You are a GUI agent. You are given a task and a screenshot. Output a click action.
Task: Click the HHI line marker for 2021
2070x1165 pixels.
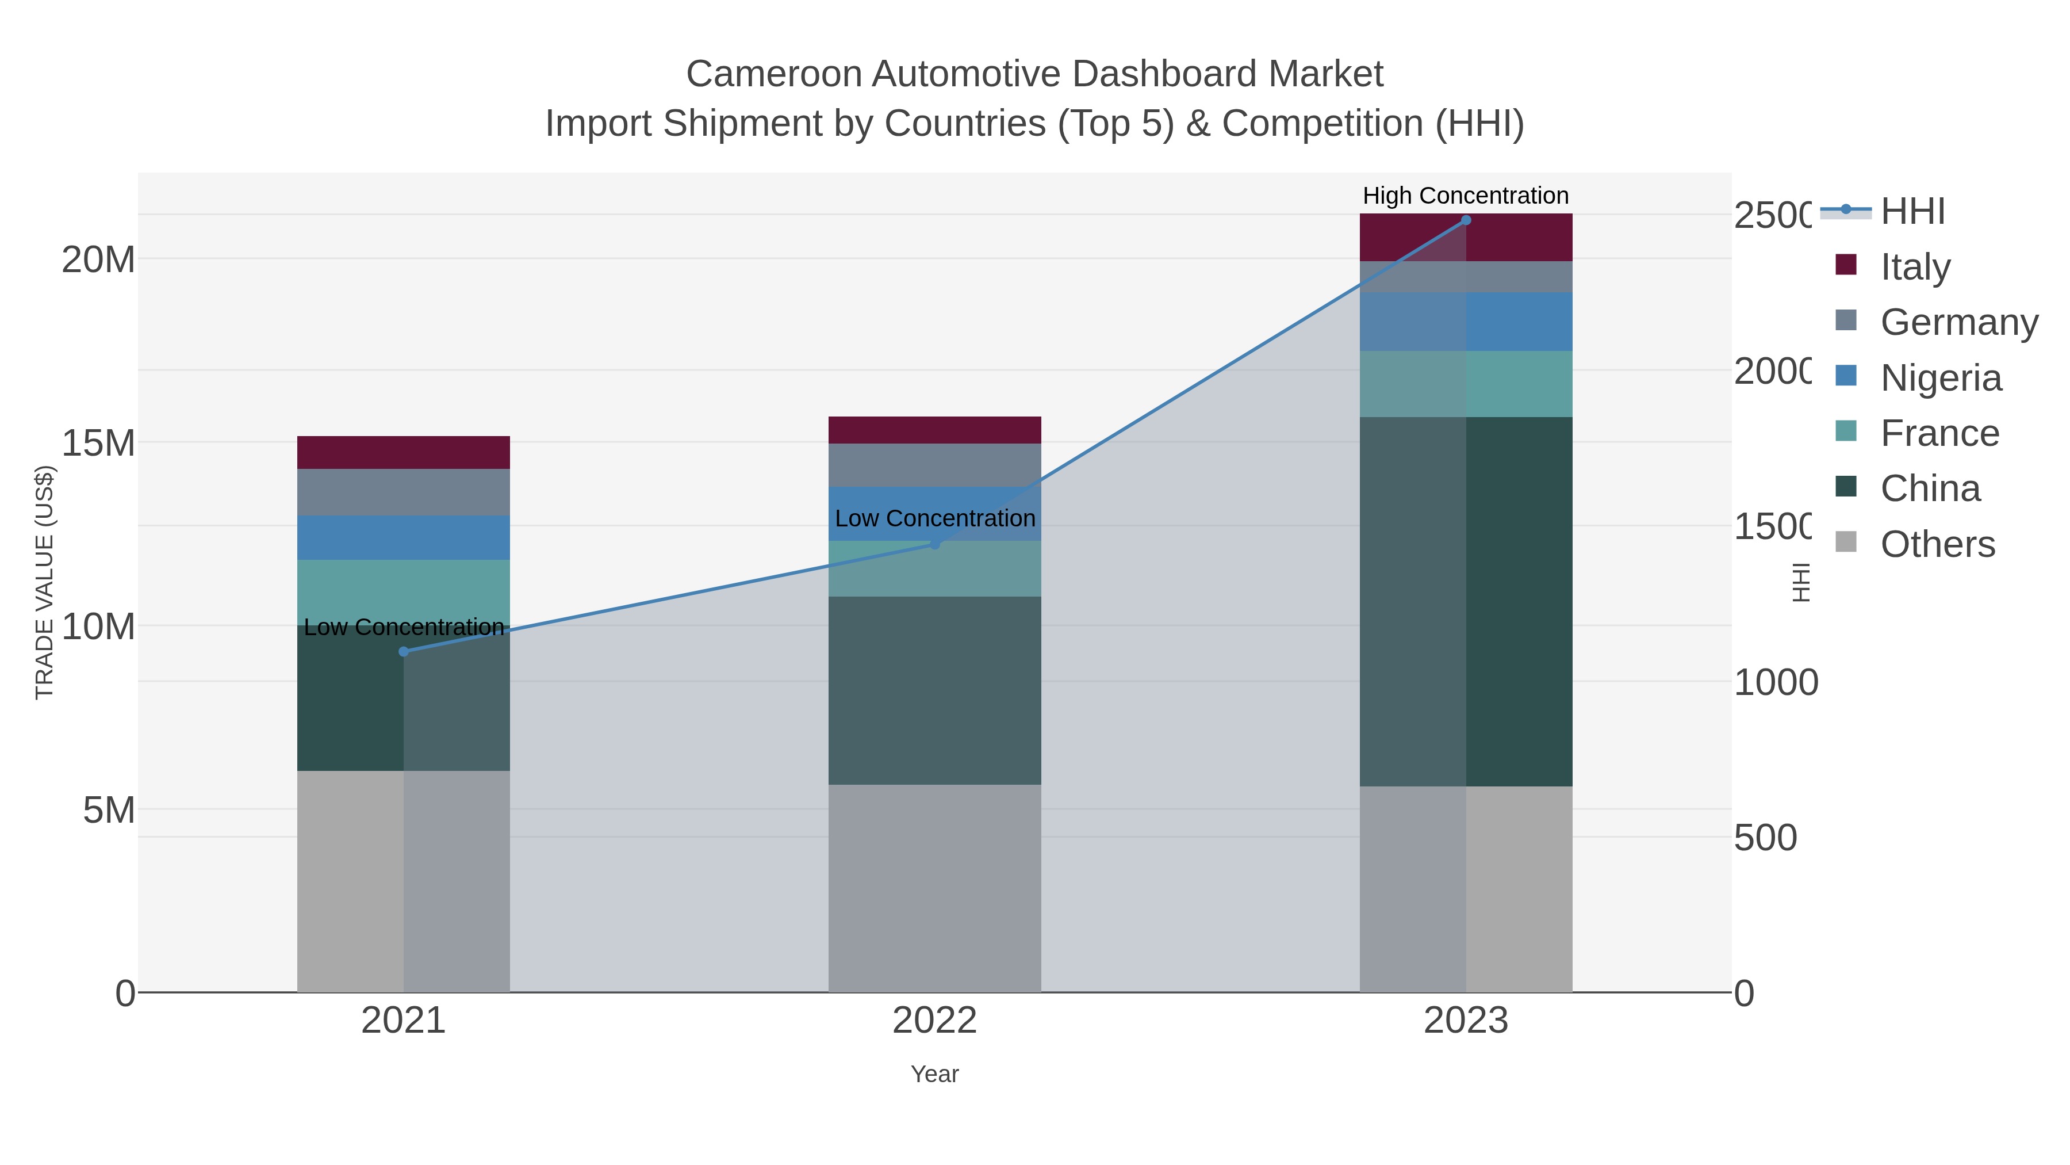coord(404,651)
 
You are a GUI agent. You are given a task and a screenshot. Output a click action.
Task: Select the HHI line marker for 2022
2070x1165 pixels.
coord(934,544)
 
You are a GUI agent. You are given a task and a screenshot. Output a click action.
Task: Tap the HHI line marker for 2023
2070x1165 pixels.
coord(1466,220)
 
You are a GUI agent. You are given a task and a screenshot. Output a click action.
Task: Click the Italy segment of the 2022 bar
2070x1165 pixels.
coord(934,430)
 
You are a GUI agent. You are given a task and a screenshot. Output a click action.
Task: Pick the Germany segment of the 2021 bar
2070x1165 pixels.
coord(404,492)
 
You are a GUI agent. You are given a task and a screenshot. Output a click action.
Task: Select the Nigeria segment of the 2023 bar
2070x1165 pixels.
coord(1466,322)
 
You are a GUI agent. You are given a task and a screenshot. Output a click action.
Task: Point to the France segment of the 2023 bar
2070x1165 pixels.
coord(1466,384)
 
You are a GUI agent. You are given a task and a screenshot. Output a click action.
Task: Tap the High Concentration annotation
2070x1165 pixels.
coord(1466,196)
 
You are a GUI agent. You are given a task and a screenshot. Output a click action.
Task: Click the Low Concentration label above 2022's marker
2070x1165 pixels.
coord(934,518)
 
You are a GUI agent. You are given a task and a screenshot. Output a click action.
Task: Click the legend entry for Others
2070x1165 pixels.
coord(1937,544)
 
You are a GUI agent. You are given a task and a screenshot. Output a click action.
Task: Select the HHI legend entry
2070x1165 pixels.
coord(1912,212)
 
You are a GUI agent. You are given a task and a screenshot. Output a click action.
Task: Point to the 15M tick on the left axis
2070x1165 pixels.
coord(98,443)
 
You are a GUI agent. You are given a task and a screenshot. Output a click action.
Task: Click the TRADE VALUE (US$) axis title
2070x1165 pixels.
coord(44,582)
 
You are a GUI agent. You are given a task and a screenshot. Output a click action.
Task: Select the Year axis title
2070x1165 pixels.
coord(934,1074)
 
